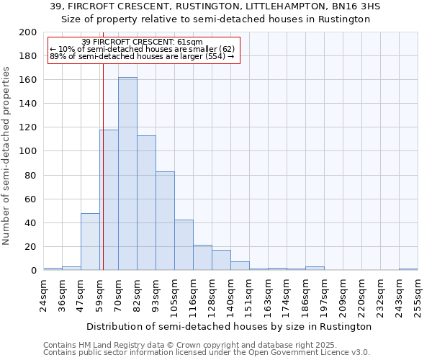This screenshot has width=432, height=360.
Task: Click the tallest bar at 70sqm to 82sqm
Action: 127,174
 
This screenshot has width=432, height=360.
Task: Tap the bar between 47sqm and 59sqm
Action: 90,242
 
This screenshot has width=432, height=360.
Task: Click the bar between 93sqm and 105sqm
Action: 165,221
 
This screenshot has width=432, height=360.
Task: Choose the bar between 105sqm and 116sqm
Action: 184,245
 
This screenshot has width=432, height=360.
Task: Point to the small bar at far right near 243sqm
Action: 408,269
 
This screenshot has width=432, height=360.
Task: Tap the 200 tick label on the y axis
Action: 28,32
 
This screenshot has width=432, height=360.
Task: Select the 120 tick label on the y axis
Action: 28,127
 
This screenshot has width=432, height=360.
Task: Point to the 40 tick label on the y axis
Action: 31,223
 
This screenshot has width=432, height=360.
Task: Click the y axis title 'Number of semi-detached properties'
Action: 7,156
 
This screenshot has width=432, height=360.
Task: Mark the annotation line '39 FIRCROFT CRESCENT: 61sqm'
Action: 142,42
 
